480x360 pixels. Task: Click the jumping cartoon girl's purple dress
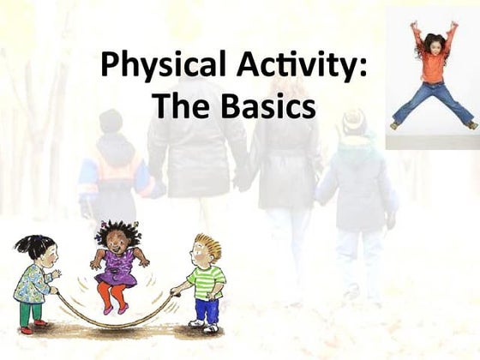coord(119,268)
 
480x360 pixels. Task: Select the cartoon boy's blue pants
coord(206,309)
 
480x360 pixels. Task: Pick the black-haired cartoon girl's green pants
coord(31,312)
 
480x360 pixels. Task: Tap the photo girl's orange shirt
coord(433,66)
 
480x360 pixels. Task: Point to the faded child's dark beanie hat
coord(111,120)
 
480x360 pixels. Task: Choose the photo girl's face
coord(433,43)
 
